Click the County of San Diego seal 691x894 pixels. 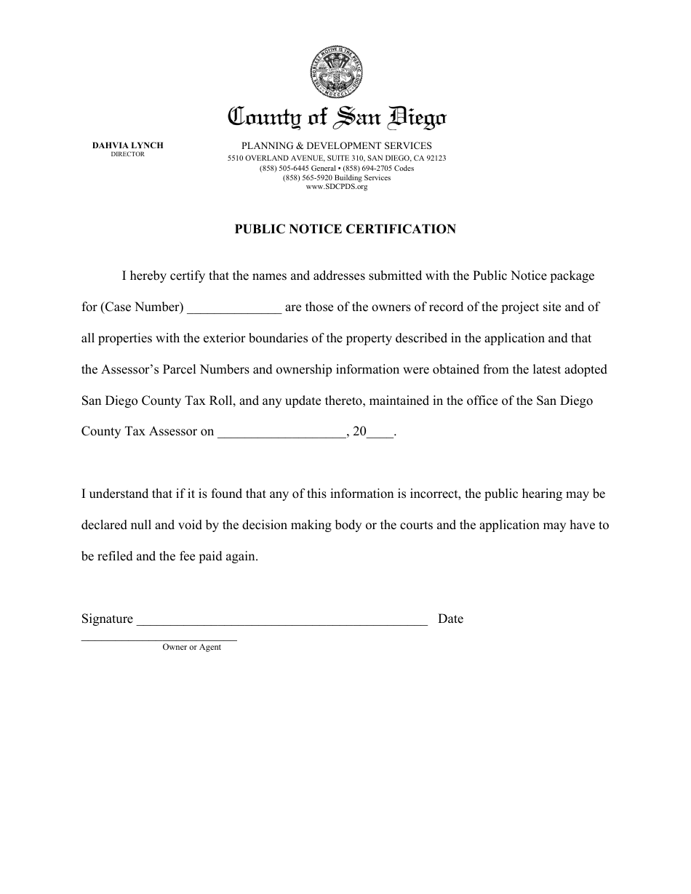pyautogui.click(x=337, y=72)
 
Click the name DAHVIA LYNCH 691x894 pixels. pyautogui.click(x=128, y=145)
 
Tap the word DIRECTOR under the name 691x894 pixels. pyautogui.click(x=128, y=154)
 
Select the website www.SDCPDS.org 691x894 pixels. pyautogui.click(x=337, y=187)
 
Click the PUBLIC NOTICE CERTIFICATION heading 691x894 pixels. pyautogui.click(x=345, y=229)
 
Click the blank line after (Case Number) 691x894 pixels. pyautogui.click(x=234, y=308)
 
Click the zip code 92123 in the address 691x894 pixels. pyautogui.click(x=436, y=158)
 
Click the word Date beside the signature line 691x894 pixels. pyautogui.click(x=450, y=619)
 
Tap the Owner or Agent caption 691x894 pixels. pyautogui.click(x=191, y=647)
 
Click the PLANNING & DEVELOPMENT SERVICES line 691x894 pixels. pyautogui.click(x=337, y=146)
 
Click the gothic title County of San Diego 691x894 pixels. pyautogui.click(x=337, y=116)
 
